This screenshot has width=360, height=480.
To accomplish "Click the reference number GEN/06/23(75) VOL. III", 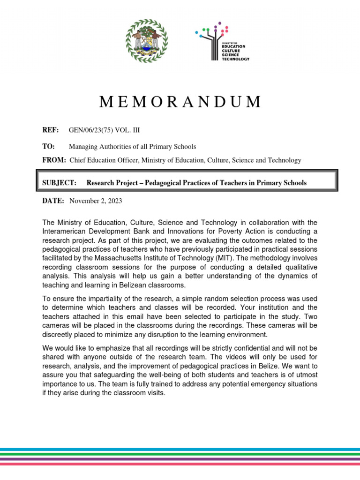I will click(x=101, y=130).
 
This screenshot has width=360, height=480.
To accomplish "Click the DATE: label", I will click(x=53, y=201).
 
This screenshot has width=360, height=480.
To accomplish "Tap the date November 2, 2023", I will click(x=96, y=201).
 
